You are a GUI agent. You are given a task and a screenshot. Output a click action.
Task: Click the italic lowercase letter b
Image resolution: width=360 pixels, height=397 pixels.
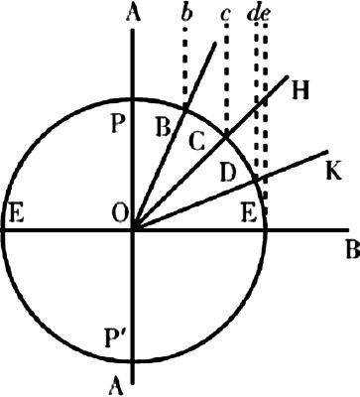(186, 13)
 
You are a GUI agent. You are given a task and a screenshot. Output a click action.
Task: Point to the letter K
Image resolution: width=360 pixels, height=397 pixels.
(333, 171)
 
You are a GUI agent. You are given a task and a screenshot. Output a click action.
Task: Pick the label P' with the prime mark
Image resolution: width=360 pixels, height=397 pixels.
(113, 338)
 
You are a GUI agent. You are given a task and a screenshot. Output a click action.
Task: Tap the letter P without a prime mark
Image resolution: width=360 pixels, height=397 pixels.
(119, 125)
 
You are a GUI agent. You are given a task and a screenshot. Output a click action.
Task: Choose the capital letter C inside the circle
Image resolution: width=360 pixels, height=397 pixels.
(197, 143)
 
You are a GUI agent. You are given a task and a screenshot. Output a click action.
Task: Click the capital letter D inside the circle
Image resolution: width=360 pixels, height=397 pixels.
(228, 173)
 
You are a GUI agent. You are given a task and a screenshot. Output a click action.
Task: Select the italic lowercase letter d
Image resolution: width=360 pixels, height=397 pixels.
(254, 13)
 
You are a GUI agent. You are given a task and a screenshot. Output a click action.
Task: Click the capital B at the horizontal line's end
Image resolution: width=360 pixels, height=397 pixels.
(353, 250)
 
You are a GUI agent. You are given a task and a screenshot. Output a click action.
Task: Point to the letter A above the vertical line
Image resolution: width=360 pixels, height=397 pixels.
(133, 13)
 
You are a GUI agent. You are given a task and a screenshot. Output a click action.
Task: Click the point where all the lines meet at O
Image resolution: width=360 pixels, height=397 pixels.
(133, 229)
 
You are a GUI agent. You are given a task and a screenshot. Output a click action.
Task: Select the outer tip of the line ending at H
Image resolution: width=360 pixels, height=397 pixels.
(287, 77)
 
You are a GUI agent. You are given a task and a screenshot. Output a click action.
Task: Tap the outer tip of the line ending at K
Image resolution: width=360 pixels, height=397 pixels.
(327, 152)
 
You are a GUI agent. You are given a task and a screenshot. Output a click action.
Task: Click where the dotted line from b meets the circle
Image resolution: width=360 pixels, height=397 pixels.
(185, 109)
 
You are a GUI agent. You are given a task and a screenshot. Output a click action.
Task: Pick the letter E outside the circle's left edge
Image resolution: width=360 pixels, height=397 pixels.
(16, 215)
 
